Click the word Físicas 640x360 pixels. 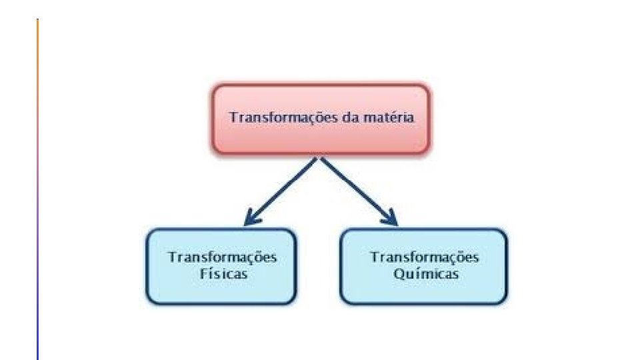(223, 274)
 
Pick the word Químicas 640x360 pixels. (425, 274)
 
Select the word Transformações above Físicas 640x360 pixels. (223, 257)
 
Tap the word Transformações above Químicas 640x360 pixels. (425, 257)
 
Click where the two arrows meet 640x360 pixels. (321, 159)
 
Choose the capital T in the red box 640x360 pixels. (233, 117)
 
